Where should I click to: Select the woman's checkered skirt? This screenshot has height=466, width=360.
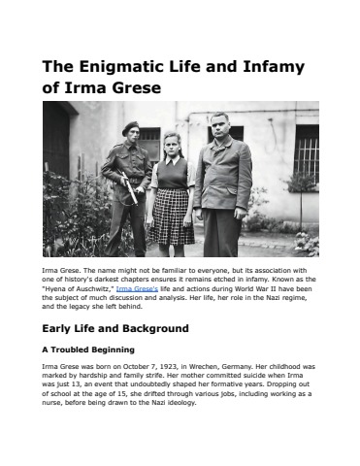point(171,216)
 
